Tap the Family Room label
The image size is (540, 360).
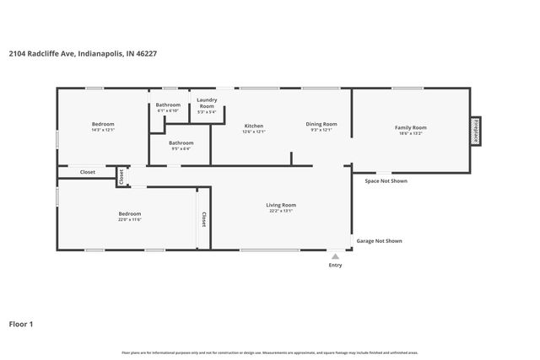coord(411,127)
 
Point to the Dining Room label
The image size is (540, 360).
coord(321,124)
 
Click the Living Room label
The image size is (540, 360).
coord(281,205)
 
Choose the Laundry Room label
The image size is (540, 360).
coord(207,103)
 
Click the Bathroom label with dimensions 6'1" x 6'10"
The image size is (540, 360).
coord(168,105)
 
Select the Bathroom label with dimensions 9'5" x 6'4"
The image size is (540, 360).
coord(181,143)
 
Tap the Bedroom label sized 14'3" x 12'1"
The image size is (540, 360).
coord(103,124)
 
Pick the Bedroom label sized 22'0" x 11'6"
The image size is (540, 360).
coord(129,214)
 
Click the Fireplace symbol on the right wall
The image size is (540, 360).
coord(476,132)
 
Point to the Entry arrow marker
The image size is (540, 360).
coord(336,256)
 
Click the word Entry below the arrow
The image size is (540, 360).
coord(336,266)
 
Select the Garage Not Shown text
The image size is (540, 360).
coord(379,241)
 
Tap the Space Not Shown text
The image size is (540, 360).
coord(386,180)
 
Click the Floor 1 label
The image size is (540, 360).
coord(21,324)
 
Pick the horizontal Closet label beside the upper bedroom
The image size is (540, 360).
coord(88,172)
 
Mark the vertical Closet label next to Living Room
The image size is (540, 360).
coord(203,219)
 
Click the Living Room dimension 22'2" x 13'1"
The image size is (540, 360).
coord(281,211)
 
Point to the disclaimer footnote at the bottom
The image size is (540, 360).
coord(269,352)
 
